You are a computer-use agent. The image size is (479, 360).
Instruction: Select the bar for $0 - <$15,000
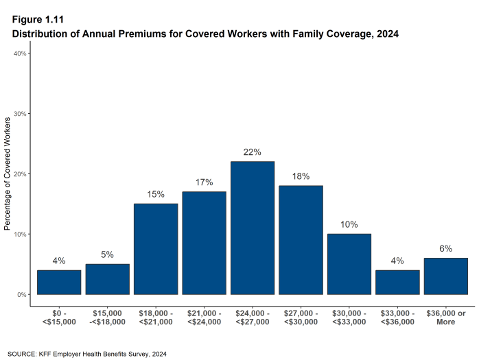point(59,282)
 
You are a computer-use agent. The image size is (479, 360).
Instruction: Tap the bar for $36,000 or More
point(446,276)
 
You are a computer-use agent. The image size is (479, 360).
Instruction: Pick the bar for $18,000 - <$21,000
point(156,249)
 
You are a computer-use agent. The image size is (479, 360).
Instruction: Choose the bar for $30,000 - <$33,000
point(349,264)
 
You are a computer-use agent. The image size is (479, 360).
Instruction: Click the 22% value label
point(253,152)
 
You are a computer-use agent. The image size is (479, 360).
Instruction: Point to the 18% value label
point(301,176)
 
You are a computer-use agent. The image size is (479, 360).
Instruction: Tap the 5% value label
point(107,254)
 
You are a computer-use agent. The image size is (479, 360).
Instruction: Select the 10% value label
point(349,224)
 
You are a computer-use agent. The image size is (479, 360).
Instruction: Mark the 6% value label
point(446,248)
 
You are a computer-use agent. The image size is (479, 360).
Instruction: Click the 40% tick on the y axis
point(20,53)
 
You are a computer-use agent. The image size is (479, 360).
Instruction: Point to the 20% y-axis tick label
point(20,174)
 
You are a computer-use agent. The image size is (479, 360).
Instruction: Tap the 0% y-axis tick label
point(21,295)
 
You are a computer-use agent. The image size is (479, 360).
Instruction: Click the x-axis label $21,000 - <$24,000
point(204,317)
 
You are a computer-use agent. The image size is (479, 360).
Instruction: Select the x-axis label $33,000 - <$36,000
point(397,317)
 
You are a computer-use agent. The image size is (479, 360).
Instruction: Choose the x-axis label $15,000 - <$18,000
point(107,317)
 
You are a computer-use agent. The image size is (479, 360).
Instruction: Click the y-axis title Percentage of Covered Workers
point(8,173)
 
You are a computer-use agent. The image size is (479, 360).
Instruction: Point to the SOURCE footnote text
point(86,354)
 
